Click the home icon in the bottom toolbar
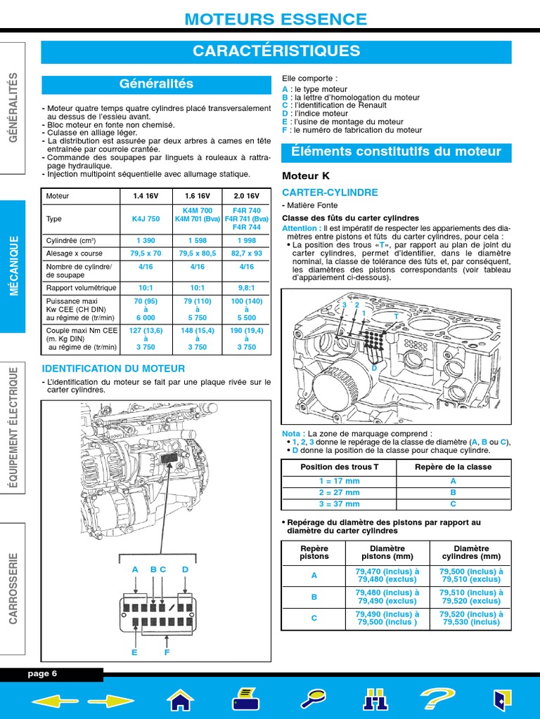(180, 700)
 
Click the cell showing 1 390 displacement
(146, 239)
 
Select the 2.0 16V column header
(246, 197)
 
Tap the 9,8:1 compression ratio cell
(246, 288)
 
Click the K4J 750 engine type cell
(146, 219)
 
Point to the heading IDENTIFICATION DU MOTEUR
(114, 369)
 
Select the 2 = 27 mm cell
(339, 492)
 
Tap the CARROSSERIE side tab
(13, 588)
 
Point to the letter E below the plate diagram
(134, 652)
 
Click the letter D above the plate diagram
(185, 569)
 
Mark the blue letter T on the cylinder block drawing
(396, 317)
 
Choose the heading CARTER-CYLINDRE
(320, 192)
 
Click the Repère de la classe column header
(453, 467)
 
